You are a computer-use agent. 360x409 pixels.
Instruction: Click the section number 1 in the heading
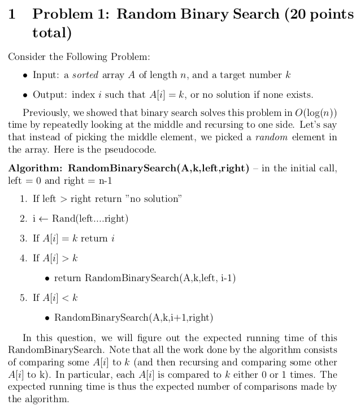12,15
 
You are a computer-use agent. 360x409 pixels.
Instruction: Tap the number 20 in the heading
300,15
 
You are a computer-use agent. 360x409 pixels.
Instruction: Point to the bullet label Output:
50,94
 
